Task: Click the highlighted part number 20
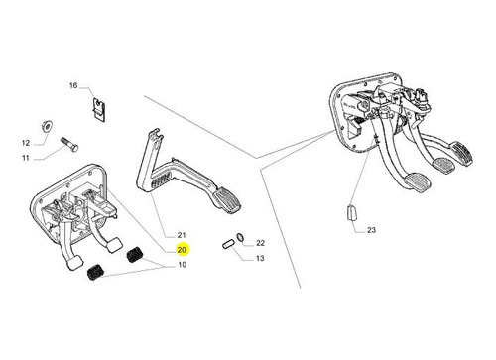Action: [x=182, y=250]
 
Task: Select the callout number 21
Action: [x=182, y=235]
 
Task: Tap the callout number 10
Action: [x=183, y=265]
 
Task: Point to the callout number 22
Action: [x=261, y=243]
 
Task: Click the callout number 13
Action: [x=260, y=258]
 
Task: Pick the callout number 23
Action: [x=372, y=230]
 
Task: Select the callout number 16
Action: [x=73, y=85]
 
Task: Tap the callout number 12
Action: [x=26, y=143]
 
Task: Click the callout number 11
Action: [x=26, y=158]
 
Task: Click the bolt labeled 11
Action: [x=69, y=144]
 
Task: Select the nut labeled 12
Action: [x=46, y=126]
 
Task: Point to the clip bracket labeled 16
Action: [x=99, y=109]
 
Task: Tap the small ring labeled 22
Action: [x=240, y=236]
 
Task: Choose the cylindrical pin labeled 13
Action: [x=228, y=245]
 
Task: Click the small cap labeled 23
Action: [x=351, y=212]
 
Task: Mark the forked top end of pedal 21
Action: [x=156, y=135]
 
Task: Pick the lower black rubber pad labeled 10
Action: [x=96, y=272]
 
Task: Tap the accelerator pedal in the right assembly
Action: [x=461, y=153]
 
